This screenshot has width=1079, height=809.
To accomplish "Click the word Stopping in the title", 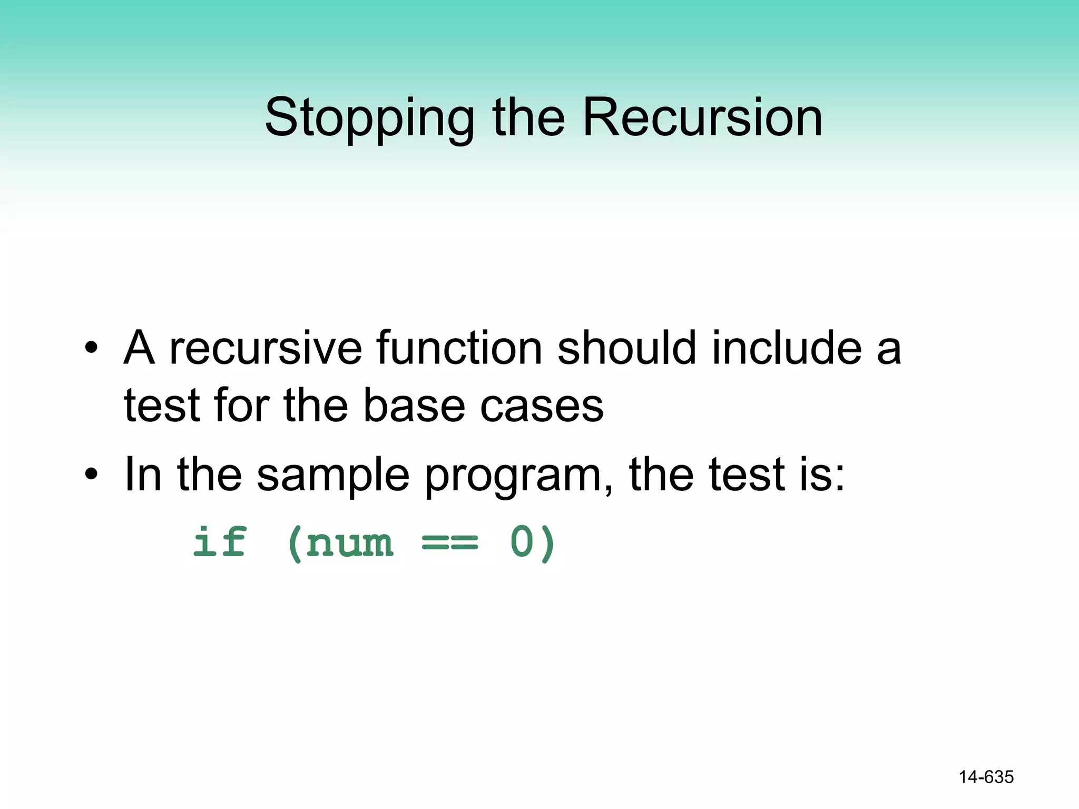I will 369,119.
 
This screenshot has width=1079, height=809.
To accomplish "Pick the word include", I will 787,348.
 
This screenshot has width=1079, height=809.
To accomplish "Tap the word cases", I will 542,407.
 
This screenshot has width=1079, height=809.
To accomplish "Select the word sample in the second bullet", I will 333,475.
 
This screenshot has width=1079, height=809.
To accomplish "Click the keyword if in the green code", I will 220,542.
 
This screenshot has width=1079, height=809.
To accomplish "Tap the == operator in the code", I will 450,542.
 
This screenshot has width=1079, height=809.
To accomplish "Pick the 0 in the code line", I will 522,542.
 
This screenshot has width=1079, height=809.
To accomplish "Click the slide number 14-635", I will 986,777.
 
